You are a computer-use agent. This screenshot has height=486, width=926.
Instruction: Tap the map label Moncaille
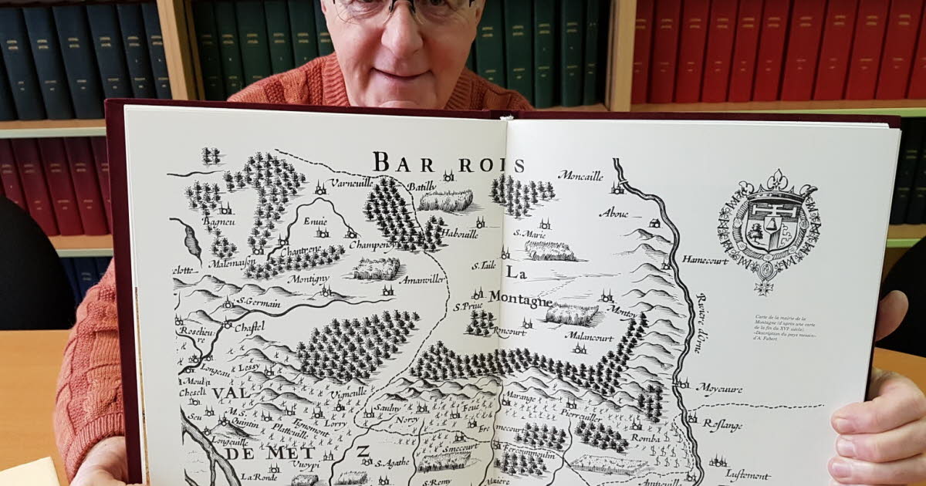click(580, 176)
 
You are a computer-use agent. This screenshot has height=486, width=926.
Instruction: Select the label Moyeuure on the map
click(719, 388)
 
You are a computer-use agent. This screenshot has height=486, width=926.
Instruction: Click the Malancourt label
click(589, 336)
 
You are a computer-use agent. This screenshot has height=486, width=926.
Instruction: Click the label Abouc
click(613, 213)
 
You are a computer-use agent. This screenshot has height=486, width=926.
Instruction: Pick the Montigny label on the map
click(308, 278)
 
